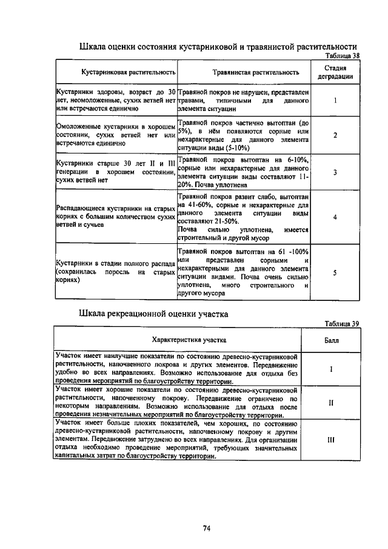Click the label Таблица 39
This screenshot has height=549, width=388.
(x=343, y=323)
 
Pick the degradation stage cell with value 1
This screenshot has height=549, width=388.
(x=335, y=99)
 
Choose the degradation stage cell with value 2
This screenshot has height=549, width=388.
(x=335, y=135)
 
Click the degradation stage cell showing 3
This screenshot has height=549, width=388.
(x=335, y=172)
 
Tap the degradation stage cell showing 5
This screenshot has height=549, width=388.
(x=335, y=272)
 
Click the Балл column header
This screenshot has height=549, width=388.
(x=331, y=340)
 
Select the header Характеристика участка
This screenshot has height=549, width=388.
(x=181, y=340)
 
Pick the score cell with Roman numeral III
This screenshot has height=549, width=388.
(x=331, y=442)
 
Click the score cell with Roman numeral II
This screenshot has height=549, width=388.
(x=331, y=402)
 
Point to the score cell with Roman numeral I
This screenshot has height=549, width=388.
(x=331, y=368)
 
